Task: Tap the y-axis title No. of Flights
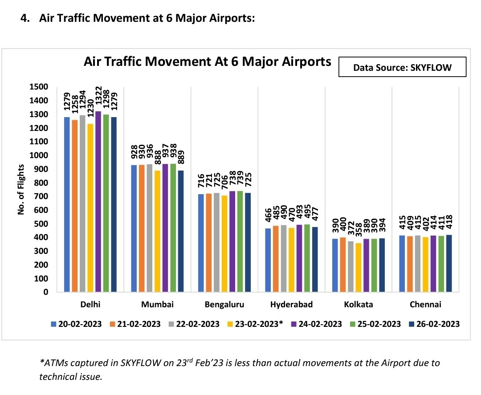(21, 190)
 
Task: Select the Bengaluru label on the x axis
(224, 305)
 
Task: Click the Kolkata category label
(359, 305)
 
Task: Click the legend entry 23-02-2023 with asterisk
(257, 324)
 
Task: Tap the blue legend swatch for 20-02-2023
(54, 324)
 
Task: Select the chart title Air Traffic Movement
(208, 61)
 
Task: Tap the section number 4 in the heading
(25, 18)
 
